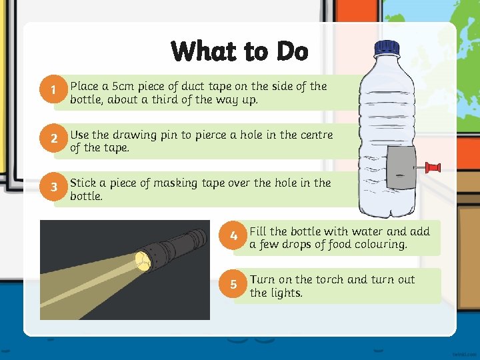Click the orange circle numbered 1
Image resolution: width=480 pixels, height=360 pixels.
click(53, 89)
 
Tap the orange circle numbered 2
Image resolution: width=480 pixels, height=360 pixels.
click(53, 138)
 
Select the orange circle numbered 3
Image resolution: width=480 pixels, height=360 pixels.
click(53, 187)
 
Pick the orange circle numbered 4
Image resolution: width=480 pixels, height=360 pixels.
click(233, 235)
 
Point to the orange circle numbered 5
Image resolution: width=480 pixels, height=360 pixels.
click(233, 283)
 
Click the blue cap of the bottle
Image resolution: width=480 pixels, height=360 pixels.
click(387, 49)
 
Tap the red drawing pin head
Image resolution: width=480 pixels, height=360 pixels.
click(433, 168)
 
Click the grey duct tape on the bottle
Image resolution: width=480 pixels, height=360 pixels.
click(401, 167)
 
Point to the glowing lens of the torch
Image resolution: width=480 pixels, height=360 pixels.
click(143, 261)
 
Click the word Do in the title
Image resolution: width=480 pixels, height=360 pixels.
click(293, 51)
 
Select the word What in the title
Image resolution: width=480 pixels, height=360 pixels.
click(205, 51)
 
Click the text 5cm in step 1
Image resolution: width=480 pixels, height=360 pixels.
click(123, 86)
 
